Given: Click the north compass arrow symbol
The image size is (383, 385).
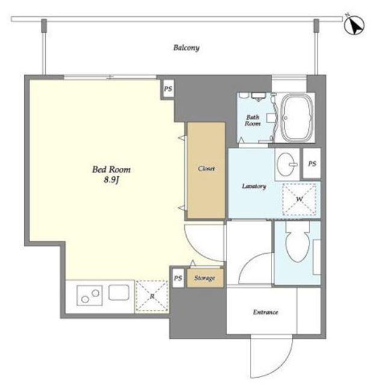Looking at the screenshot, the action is tap(354, 25).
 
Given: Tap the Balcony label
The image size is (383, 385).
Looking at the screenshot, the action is tap(186, 48).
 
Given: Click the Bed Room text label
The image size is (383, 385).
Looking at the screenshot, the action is tap(111, 170).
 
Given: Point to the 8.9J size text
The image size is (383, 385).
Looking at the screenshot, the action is tap(111, 180).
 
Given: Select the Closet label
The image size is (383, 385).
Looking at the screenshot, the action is tap(206, 168).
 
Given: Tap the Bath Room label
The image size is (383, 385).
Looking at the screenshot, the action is tap(252, 120).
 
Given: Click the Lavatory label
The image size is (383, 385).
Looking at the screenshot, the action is tap(254, 186).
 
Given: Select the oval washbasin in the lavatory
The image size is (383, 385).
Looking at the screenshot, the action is tap(286, 164).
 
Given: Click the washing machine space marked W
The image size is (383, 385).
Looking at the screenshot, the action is tap(299, 199).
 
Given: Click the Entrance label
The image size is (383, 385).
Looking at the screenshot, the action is tap(266, 312).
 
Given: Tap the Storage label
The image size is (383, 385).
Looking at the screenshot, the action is tap(205, 278).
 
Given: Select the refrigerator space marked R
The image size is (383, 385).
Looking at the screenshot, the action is tap(152, 297).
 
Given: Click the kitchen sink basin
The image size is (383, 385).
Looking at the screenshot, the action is tap(119, 292).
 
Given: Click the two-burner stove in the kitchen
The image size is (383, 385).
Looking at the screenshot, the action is tap(90, 295).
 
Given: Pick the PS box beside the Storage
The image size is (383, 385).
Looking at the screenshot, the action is tap(178, 278).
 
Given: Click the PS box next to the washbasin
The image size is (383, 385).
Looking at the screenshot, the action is tap(312, 163).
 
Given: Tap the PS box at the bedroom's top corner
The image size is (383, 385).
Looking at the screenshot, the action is tap(168, 88).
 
